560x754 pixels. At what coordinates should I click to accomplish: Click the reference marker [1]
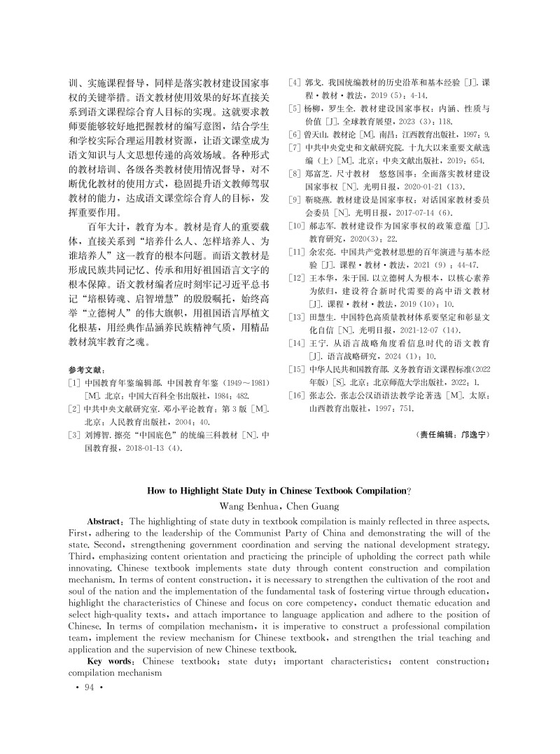[x=74, y=384]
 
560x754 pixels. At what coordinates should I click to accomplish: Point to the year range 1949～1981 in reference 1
[x=244, y=384]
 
